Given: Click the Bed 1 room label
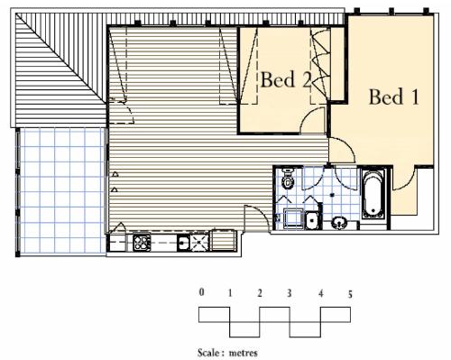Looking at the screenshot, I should coord(393,97).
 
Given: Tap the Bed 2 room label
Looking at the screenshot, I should coord(286,79).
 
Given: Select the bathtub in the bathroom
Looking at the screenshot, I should coord(373,194).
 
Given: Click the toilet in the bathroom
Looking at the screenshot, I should coord(288,181).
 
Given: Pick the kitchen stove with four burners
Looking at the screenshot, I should coord(141,243).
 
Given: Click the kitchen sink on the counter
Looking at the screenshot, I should coord(183,243).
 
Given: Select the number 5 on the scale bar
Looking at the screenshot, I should coord(349,293).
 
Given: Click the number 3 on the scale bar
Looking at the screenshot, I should coord(289,293).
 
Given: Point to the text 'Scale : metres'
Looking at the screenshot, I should coord(228,353).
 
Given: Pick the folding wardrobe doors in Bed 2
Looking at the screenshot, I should coord(319,63).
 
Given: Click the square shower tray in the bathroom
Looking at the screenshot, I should coord(295,219).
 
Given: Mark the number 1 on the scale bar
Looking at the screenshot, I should coord(231,293).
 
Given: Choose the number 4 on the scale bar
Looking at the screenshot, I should coord(320,293).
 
